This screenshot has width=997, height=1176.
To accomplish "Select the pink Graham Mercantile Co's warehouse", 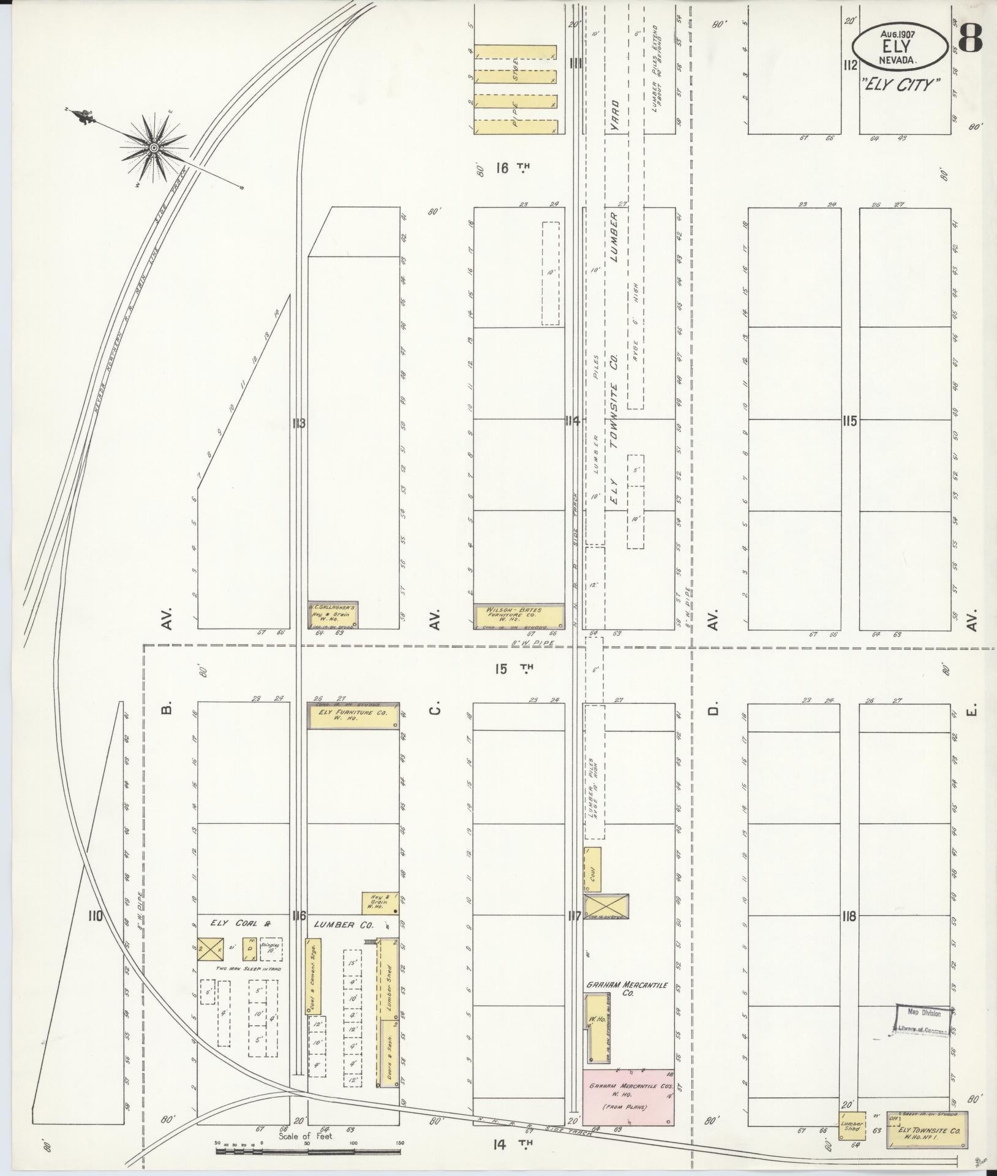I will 628,1097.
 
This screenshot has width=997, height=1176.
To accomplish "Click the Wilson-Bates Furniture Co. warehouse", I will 519,616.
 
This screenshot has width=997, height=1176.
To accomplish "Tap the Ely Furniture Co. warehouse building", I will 353,715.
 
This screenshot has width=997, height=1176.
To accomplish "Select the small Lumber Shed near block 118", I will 852,1126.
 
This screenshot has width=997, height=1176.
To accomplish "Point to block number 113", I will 298,423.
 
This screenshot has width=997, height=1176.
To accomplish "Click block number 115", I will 849,421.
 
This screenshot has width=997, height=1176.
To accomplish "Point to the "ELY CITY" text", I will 901,85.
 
